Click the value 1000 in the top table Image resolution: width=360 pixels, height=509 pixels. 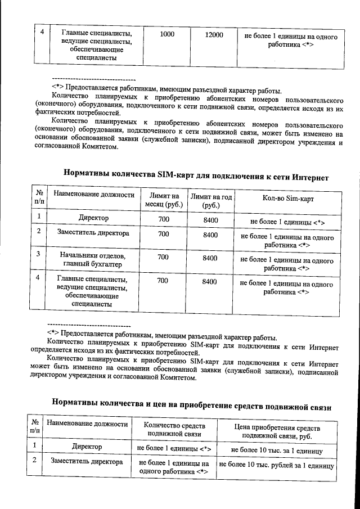click(x=167, y=35)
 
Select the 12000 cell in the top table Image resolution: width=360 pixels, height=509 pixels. click(x=214, y=35)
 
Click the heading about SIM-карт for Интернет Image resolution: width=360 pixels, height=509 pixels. click(x=196, y=177)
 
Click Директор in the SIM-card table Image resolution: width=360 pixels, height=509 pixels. click(x=94, y=218)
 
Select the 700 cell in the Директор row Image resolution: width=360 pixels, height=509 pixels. click(x=163, y=218)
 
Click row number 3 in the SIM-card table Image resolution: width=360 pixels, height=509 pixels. click(x=38, y=255)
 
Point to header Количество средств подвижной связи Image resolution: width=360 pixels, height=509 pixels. click(x=174, y=430)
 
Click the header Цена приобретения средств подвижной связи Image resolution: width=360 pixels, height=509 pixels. click(x=276, y=430)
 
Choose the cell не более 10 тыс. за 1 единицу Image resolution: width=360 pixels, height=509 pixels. click(x=276, y=451)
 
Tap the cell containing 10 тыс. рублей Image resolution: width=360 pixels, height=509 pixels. click(x=276, y=466)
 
